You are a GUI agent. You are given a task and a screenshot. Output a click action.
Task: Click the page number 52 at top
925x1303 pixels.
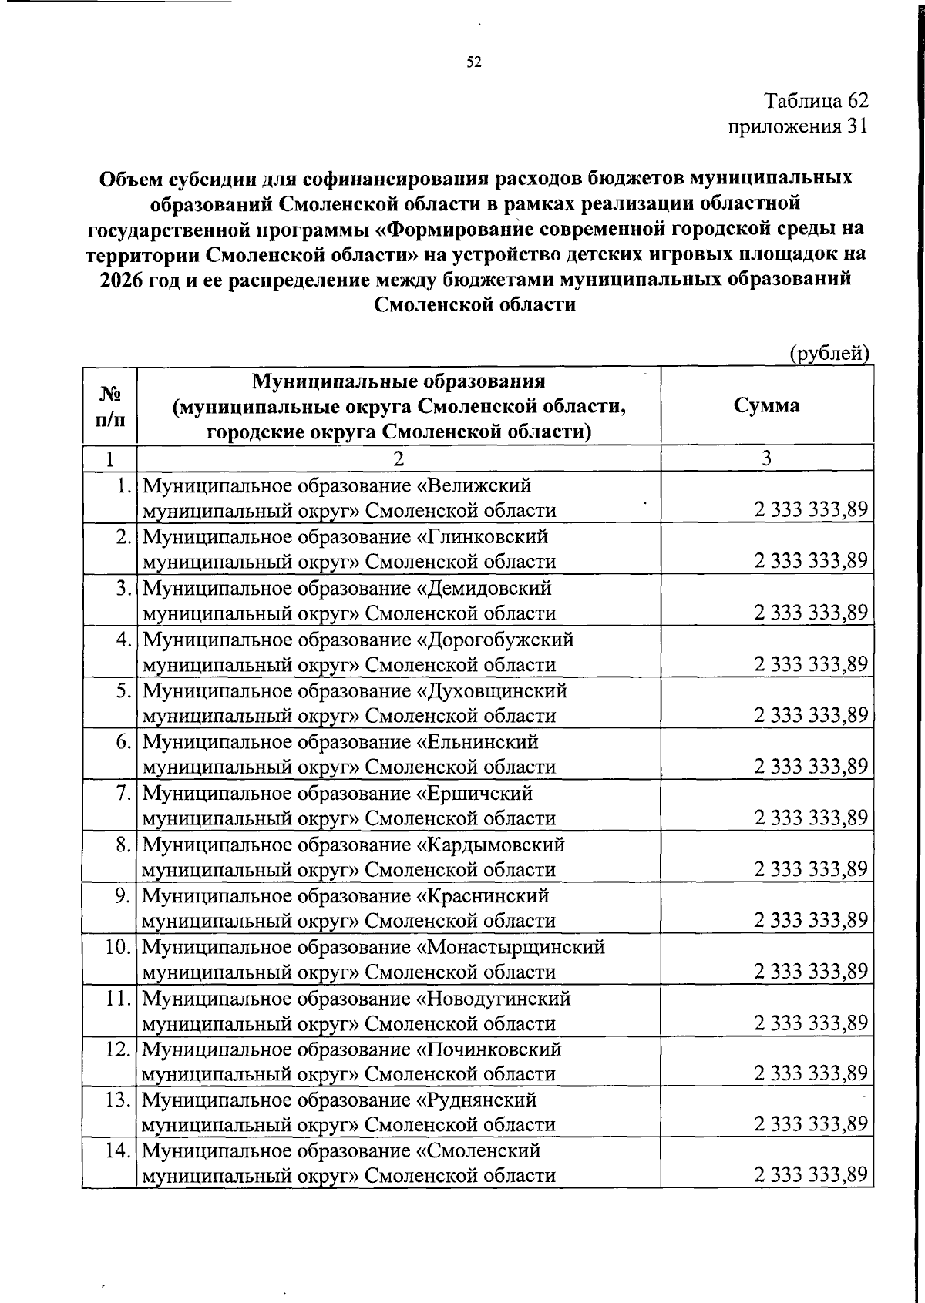pos(474,62)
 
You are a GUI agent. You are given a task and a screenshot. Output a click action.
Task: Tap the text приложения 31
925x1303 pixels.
pos(799,126)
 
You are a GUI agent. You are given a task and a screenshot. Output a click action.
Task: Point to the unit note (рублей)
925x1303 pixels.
pos(830,353)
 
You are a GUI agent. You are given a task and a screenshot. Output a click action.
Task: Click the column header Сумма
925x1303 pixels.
pos(766,405)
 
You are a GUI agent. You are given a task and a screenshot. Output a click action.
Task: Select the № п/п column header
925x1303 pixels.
pos(109,406)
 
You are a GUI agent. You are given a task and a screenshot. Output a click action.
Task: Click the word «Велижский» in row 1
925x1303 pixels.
pos(475,486)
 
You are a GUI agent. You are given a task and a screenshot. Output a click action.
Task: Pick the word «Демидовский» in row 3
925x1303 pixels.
pos(485,589)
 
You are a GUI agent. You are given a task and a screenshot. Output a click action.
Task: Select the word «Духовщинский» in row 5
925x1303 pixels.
pos(493,691)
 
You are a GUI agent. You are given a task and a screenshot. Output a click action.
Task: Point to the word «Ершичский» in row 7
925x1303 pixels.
pos(476,794)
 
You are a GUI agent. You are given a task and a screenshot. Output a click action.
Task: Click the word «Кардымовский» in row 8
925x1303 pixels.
pos(492,845)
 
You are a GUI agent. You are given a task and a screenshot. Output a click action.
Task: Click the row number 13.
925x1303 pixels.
pos(117,1100)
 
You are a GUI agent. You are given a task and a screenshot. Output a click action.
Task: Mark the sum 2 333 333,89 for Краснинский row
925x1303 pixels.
pos(811,920)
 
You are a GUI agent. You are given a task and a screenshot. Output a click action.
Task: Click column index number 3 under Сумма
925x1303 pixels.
pos(766,458)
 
